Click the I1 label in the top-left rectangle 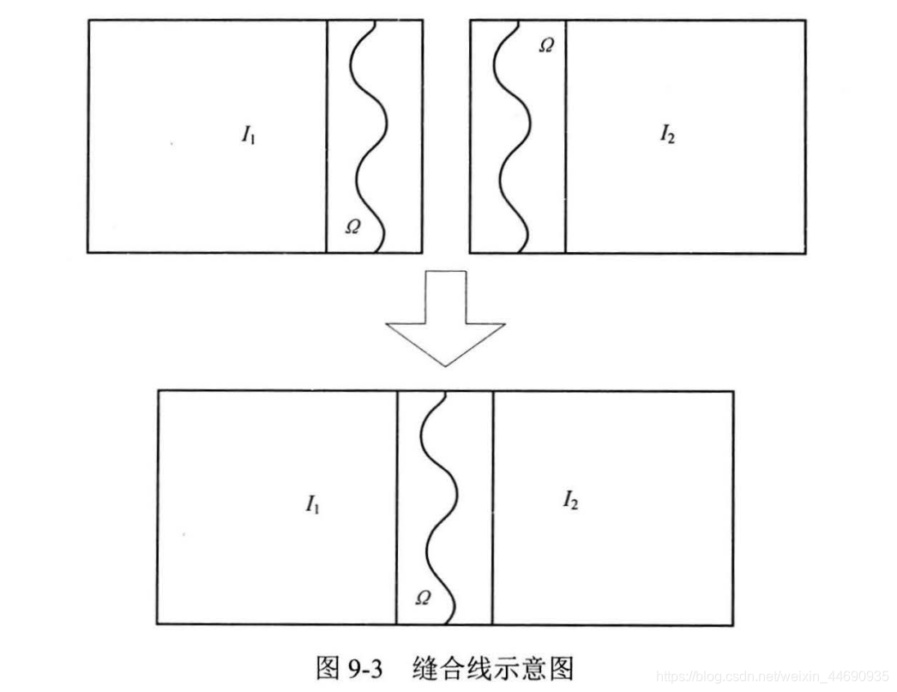tap(248, 135)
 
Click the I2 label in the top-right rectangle tap(666, 134)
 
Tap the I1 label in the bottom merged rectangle tap(313, 504)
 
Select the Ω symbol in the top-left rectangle tap(352, 226)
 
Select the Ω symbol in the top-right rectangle tap(545, 45)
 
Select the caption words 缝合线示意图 tap(491, 667)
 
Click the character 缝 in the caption tap(426, 667)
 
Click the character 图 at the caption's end tap(557, 667)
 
